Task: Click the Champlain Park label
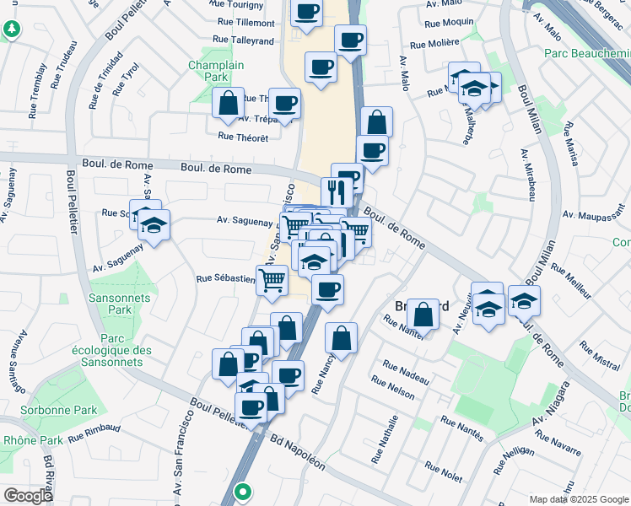(216, 71)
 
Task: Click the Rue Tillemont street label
(245, 23)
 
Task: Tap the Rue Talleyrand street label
(244, 40)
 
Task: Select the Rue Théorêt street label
(243, 137)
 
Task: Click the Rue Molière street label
(434, 43)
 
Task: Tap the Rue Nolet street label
(444, 472)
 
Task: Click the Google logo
(28, 495)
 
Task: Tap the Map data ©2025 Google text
(578, 499)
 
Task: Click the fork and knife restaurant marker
(335, 190)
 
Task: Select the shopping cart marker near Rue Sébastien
(272, 279)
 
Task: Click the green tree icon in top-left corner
(11, 30)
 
